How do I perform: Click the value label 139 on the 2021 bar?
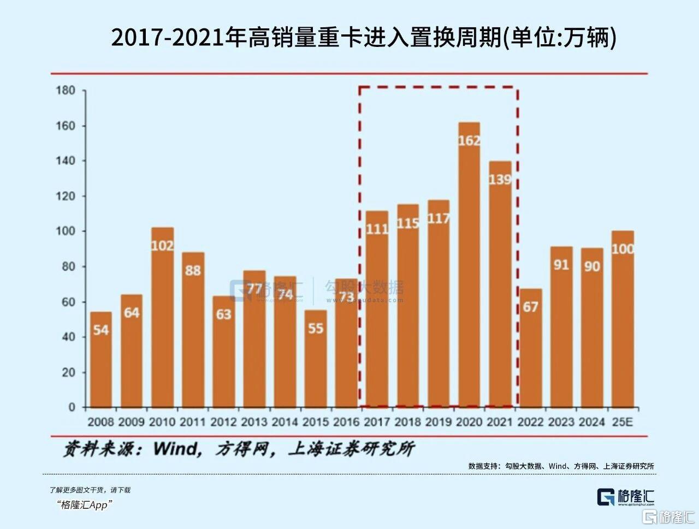click(500, 179)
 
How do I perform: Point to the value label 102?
click(162, 246)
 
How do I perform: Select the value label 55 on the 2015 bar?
click(316, 329)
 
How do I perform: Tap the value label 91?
click(561, 265)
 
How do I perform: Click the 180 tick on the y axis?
click(66, 91)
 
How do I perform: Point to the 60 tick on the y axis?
click(68, 302)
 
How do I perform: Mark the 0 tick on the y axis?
click(72, 407)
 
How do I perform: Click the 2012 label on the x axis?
click(223, 422)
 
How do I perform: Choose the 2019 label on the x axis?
click(439, 422)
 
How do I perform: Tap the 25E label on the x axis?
click(623, 422)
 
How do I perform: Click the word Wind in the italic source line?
click(176, 449)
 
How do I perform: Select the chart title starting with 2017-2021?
click(364, 38)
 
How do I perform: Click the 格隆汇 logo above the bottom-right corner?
click(625, 497)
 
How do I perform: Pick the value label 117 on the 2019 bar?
click(439, 218)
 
